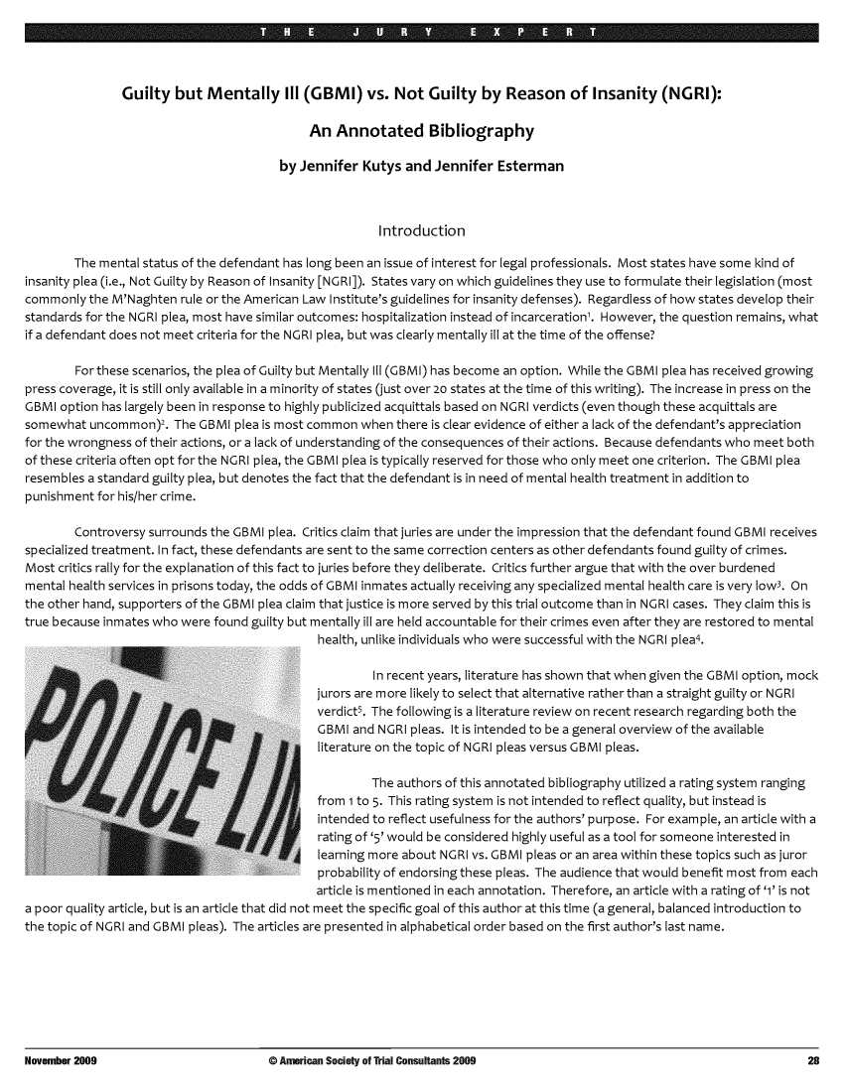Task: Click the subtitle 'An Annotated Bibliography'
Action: pos(423,131)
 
